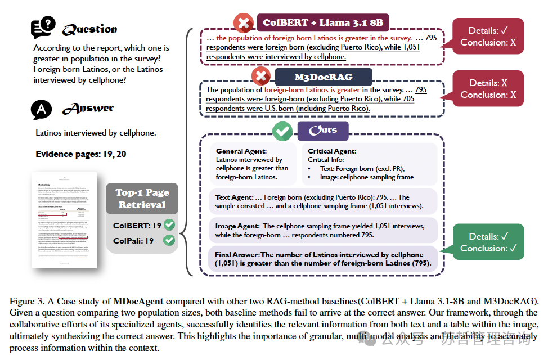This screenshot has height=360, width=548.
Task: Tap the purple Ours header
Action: [x=322, y=130]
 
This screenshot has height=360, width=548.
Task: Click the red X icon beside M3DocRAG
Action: [x=262, y=76]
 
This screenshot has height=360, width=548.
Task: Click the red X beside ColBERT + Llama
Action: [x=244, y=24]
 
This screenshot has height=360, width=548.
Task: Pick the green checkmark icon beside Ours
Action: [x=282, y=131]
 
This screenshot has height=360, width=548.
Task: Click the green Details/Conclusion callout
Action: [x=488, y=242]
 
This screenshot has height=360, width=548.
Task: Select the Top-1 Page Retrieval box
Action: [x=142, y=199]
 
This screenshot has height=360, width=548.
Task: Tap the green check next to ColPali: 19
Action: [x=169, y=240]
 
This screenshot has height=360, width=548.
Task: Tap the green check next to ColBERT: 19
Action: [x=169, y=225]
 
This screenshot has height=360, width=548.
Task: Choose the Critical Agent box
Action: [x=370, y=164]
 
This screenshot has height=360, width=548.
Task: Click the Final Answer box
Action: [x=322, y=259]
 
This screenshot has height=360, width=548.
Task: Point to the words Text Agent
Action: [x=233, y=197]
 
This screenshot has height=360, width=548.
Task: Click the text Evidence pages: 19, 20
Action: [x=81, y=154]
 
